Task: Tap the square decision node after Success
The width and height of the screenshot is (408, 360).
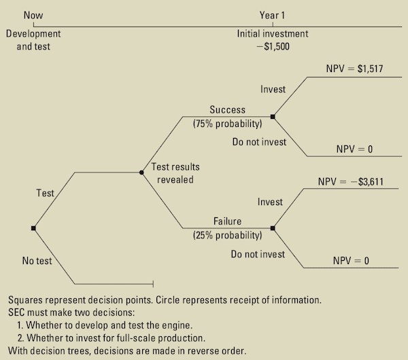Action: [x=273, y=117]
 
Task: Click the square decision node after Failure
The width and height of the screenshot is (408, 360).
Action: [x=273, y=228]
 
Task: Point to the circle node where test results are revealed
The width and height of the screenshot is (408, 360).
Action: [x=141, y=173]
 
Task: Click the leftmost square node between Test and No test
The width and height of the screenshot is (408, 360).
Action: [x=33, y=228]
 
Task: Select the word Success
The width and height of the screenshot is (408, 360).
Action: [x=228, y=110]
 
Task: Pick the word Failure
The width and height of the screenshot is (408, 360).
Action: [x=228, y=221]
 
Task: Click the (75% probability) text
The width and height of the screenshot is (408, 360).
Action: [x=228, y=124]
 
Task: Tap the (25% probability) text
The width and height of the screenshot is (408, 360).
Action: [x=228, y=236]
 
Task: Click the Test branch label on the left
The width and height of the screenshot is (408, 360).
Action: [x=45, y=194]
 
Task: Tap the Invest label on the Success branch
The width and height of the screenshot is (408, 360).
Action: [x=273, y=90]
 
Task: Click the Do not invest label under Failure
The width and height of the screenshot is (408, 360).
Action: [x=257, y=255]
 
